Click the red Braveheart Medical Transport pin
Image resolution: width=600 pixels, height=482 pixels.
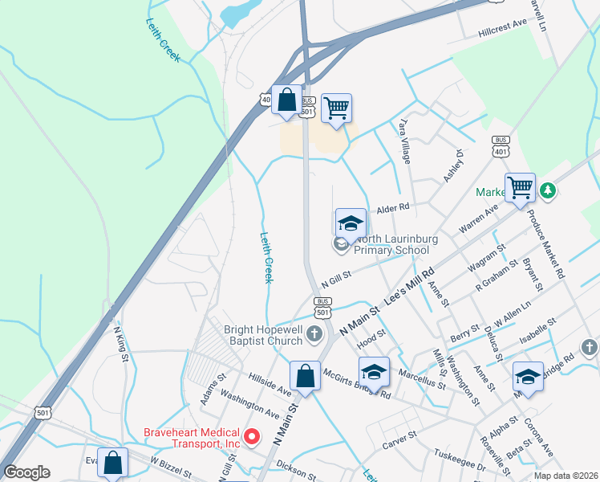252,437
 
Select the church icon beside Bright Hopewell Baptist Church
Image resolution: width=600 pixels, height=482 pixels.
315,333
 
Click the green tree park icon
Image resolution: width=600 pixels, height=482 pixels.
548,190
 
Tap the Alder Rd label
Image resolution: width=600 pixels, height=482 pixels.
393,207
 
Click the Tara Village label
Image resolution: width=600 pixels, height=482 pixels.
405,142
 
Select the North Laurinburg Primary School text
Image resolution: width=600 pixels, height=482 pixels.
392,244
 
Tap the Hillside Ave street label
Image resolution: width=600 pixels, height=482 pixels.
270,382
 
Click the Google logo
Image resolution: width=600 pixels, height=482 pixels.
27,472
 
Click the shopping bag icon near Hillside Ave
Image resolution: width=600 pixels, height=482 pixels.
305,375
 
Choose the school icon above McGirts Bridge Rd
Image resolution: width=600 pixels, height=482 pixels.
374,372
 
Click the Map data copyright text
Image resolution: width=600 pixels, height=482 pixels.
565,475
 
